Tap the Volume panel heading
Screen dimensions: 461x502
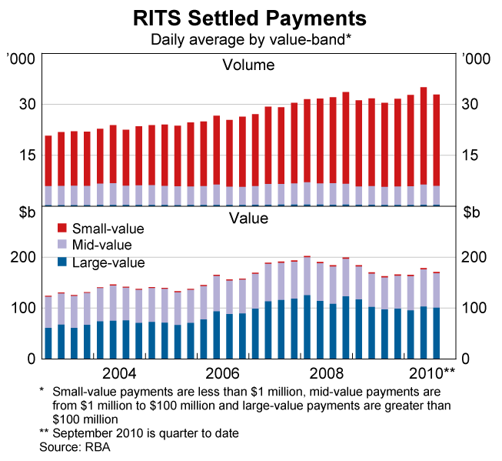tap(248, 65)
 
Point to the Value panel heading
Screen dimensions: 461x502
tap(248, 218)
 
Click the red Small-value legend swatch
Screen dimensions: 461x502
tap(61, 229)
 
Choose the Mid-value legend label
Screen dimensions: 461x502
tap(101, 246)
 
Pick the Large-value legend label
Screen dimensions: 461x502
tap(108, 262)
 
